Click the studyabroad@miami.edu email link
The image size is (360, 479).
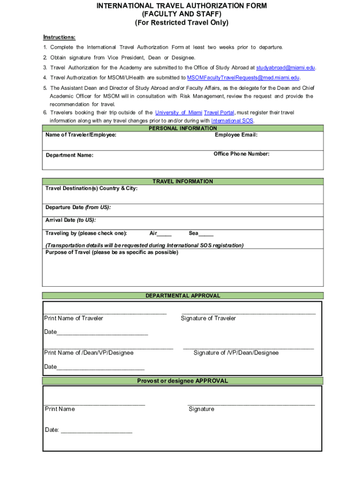coord(286,67)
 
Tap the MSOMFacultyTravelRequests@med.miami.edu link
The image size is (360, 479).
coord(244,78)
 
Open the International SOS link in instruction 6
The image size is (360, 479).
coord(232,120)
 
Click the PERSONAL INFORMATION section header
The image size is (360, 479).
coord(183,128)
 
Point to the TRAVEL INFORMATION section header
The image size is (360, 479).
coord(183,181)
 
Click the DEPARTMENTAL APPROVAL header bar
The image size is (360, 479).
coord(183,296)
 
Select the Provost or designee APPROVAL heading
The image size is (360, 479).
coord(182,381)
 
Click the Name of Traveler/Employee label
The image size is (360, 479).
coord(81,135)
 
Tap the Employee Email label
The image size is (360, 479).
coord(236,135)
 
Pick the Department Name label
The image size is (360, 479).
coord(69,155)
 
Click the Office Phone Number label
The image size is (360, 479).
coord(241,154)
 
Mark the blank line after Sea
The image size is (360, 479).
coord(206,233)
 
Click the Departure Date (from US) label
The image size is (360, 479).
coord(78,207)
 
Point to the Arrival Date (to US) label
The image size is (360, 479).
coord(71,220)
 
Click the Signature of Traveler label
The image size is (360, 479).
coord(208,318)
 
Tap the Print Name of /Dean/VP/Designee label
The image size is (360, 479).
coord(89,353)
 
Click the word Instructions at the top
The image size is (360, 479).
coord(59,37)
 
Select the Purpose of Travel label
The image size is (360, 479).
coord(112,253)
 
